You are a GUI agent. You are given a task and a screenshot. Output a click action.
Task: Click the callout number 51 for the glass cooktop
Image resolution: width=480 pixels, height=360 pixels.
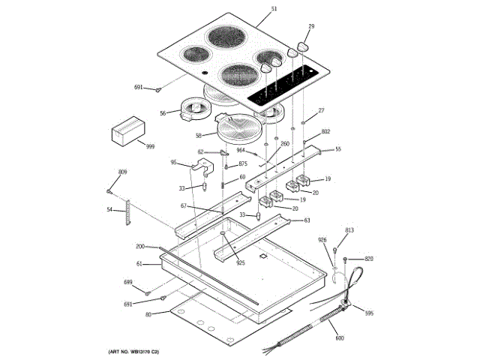coord(274,9)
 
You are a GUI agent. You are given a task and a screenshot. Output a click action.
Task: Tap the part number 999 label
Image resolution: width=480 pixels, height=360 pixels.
coord(150,146)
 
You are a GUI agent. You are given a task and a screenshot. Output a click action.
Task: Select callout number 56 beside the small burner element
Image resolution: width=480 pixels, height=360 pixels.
coord(163,113)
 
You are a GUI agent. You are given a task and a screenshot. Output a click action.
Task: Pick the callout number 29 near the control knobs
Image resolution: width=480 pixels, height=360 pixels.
coord(311,27)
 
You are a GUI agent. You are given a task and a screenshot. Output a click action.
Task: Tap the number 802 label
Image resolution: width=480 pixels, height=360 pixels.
coord(325,131)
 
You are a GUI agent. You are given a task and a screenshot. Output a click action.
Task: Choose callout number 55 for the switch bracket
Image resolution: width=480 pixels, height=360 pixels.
coord(337,149)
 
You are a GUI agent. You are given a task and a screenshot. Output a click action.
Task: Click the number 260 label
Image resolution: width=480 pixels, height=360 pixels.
coord(285,143)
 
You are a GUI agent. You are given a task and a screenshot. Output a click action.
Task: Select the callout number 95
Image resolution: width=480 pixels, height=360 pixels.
coord(173,163)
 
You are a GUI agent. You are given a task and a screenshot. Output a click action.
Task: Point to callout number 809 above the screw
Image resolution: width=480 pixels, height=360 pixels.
coord(122,173)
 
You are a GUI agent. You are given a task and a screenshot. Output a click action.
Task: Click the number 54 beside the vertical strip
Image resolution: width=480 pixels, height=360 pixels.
coord(109,210)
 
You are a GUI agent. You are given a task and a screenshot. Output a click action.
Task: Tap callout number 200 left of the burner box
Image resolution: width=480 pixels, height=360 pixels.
coord(139,247)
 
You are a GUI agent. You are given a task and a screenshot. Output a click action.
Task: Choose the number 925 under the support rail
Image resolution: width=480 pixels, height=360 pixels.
coord(241,262)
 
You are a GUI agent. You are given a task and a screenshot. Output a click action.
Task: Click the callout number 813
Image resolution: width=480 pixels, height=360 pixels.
coord(349,229)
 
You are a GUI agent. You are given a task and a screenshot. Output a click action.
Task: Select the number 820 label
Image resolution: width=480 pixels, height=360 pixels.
coord(368,259)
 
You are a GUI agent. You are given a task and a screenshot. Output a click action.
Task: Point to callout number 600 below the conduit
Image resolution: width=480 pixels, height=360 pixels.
coord(340,337)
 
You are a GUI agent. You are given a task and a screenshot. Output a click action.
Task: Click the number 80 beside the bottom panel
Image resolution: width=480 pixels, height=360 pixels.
coord(148,314)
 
